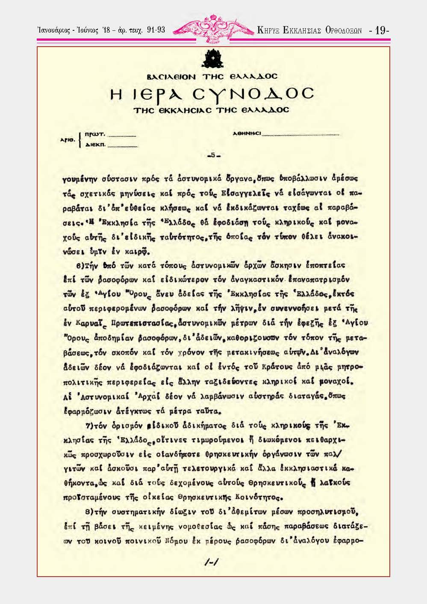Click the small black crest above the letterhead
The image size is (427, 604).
[212, 59]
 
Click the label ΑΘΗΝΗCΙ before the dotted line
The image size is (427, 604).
[246, 133]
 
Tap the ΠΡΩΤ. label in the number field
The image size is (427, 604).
[95, 134]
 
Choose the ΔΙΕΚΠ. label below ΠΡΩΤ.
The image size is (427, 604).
[95, 145]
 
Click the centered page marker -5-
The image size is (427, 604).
[213, 155]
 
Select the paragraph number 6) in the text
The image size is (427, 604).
[80, 266]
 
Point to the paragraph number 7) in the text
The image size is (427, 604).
[89, 426]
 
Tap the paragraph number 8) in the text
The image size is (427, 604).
[89, 512]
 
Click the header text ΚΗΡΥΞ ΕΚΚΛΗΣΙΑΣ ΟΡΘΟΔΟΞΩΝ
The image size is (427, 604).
[309, 30]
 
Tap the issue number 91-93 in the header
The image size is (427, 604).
[156, 30]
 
